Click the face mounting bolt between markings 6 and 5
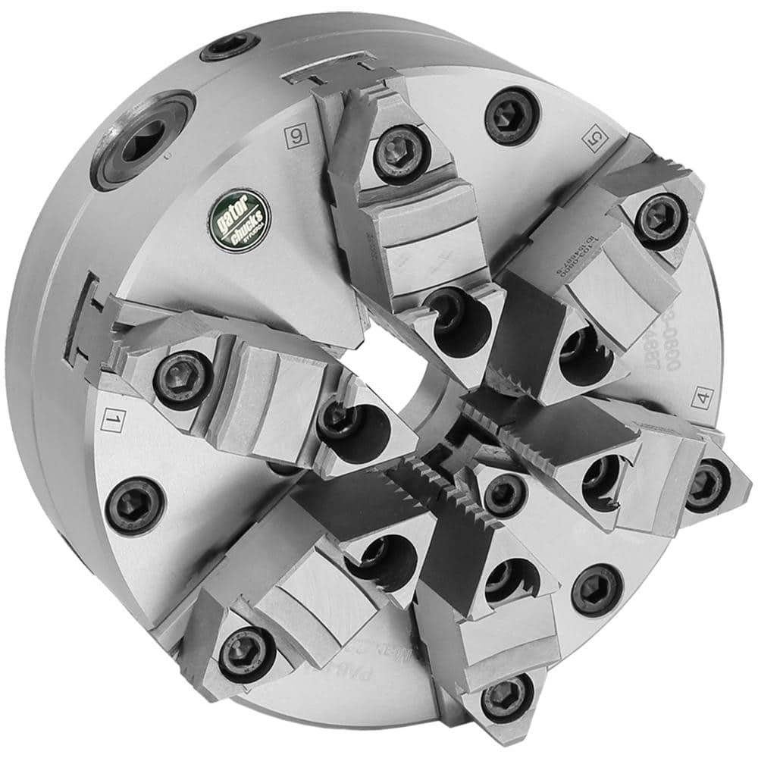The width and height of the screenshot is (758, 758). pos(512,114)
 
